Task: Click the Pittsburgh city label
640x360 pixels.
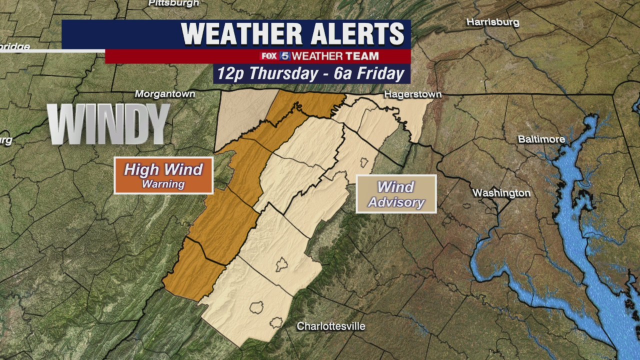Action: click(173, 3)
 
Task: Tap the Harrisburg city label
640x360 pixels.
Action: click(492, 22)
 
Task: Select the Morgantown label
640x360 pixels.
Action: click(164, 94)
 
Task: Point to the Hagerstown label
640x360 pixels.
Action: click(412, 94)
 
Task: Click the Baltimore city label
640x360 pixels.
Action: click(541, 139)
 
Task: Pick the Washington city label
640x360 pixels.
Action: click(501, 193)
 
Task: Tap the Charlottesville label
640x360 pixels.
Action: click(331, 326)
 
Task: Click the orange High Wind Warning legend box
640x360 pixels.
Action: click(163, 175)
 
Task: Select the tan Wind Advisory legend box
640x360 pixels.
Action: click(396, 193)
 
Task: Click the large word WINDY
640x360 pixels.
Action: click(109, 124)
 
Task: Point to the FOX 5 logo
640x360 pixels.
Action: click(274, 56)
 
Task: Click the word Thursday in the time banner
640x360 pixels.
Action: click(280, 74)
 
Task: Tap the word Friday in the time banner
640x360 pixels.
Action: click(379, 74)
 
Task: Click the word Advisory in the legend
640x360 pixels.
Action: click(396, 202)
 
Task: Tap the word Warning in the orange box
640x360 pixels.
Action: click(163, 184)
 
